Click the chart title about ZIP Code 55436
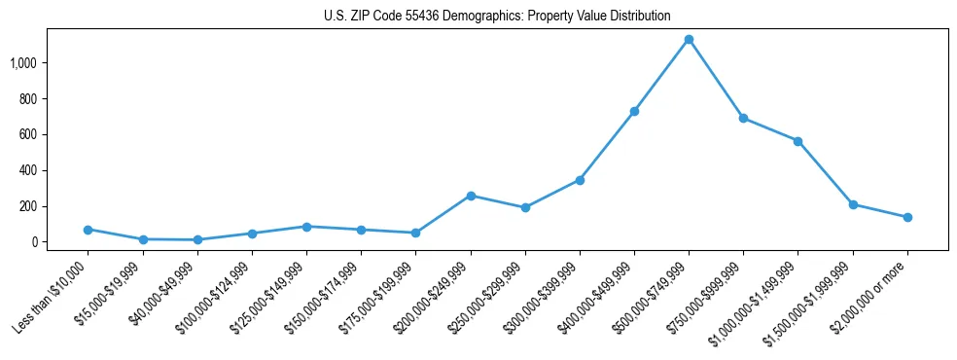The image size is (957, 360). click(497, 16)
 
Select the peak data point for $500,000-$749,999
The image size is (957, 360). click(689, 40)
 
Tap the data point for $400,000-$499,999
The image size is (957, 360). click(634, 112)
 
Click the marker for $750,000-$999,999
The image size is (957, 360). click(743, 119)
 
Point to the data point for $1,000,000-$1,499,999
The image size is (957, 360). click(797, 141)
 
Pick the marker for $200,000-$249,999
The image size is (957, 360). click(471, 196)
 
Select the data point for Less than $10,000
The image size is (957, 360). click(89, 230)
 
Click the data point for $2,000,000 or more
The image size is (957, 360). click(907, 217)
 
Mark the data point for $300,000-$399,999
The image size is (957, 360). click(580, 180)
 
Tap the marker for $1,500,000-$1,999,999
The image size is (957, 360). click(853, 204)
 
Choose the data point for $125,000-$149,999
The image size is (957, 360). click(306, 227)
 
